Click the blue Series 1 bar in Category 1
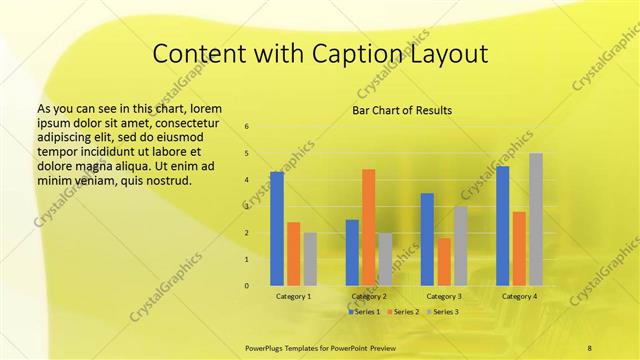(277, 229)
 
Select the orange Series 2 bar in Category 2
(368, 227)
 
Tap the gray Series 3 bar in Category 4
(536, 219)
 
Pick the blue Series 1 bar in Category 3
(427, 239)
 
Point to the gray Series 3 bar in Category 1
(310, 259)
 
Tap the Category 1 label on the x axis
(293, 296)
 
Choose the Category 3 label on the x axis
(444, 296)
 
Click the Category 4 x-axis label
(519, 296)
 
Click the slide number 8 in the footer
(589, 346)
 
